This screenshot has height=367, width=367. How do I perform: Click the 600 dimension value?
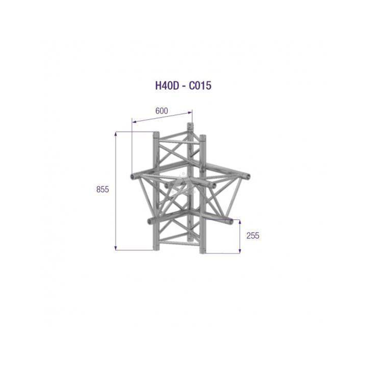(162, 111)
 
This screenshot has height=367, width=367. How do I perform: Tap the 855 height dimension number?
(103, 189)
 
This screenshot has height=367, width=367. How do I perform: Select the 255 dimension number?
(253, 236)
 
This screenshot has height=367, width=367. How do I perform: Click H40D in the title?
(167, 86)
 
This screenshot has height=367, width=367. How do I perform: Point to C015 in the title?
(200, 86)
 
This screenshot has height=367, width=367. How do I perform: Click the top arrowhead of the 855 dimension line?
(116, 134)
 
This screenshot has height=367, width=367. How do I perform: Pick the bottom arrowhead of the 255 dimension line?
(240, 251)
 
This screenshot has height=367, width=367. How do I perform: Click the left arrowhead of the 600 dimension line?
(134, 122)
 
